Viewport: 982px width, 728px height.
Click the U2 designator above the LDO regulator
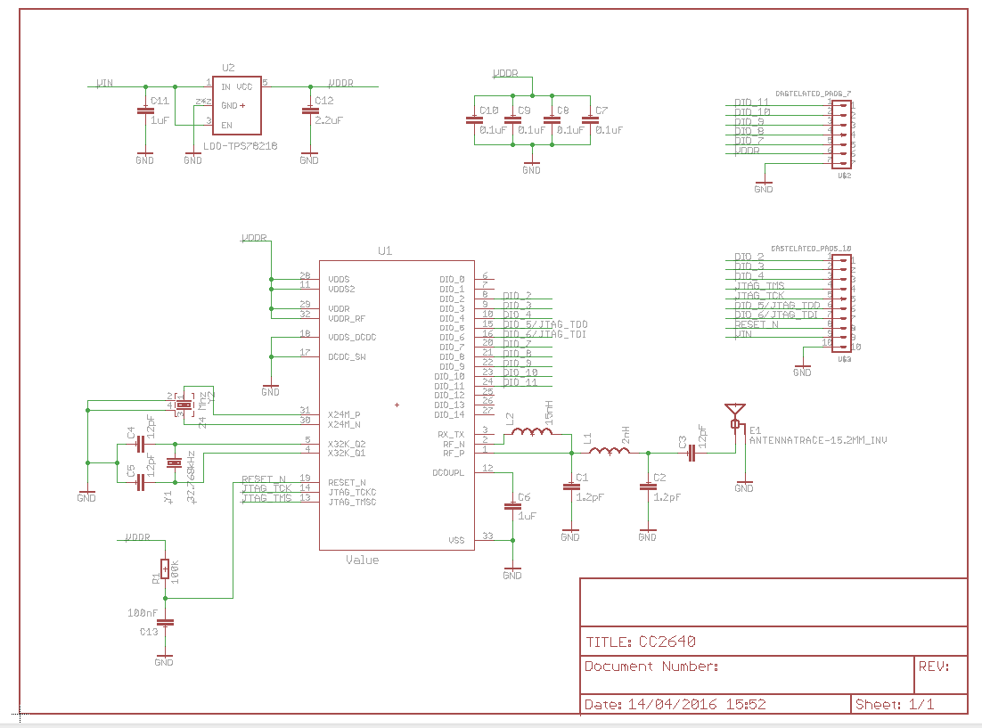coord(228,68)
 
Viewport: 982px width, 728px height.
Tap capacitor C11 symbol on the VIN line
coord(144,111)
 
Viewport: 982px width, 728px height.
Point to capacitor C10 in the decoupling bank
coord(473,120)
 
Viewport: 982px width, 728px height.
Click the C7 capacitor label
coord(601,110)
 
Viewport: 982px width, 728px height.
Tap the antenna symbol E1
coord(735,413)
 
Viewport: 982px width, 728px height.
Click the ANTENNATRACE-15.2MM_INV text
coord(818,440)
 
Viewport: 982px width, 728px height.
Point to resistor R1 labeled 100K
coord(165,568)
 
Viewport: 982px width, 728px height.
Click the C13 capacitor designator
coord(148,631)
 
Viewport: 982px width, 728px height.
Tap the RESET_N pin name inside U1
coord(347,482)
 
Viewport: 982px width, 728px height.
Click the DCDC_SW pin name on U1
coord(347,356)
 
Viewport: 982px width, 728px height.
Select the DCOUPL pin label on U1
coord(448,472)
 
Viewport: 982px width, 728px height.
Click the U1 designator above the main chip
coord(385,252)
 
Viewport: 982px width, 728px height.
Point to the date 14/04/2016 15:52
coord(697,704)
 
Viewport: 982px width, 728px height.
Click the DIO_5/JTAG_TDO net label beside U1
coord(544,324)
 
